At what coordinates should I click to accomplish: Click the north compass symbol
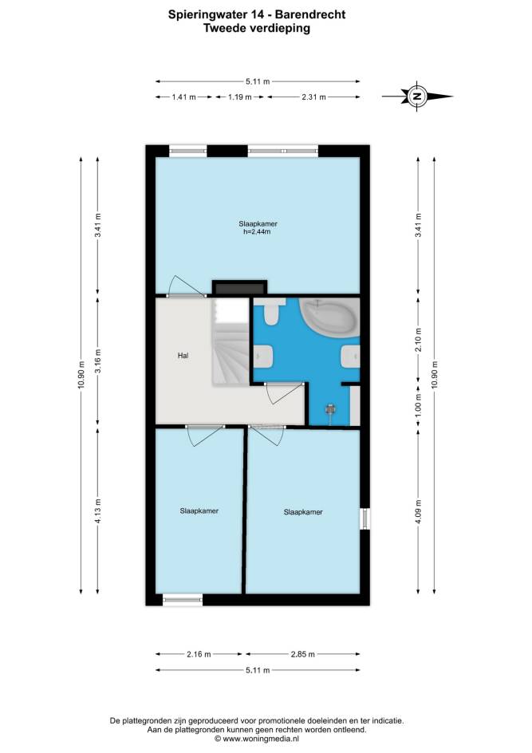pyautogui.click(x=417, y=97)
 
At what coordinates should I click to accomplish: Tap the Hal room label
pyautogui.click(x=183, y=356)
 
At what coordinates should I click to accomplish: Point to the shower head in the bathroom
pyautogui.click(x=331, y=410)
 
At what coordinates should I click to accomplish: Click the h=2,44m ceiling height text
pyautogui.click(x=258, y=232)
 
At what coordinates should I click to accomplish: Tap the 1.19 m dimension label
pyautogui.click(x=239, y=97)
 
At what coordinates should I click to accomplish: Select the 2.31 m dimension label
pyautogui.click(x=313, y=97)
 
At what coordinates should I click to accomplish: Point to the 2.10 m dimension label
pyautogui.click(x=418, y=340)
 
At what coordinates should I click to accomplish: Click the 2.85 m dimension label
pyautogui.click(x=303, y=654)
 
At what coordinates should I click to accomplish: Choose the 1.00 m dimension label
pyautogui.click(x=418, y=405)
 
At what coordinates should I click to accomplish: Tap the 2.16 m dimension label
pyautogui.click(x=199, y=654)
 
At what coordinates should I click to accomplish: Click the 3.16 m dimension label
pyautogui.click(x=97, y=361)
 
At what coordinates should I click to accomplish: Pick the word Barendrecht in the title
pyautogui.click(x=310, y=14)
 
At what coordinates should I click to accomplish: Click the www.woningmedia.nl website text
pyautogui.click(x=261, y=739)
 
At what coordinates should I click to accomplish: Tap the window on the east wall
pyautogui.click(x=365, y=518)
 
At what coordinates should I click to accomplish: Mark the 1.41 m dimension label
pyautogui.click(x=184, y=97)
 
